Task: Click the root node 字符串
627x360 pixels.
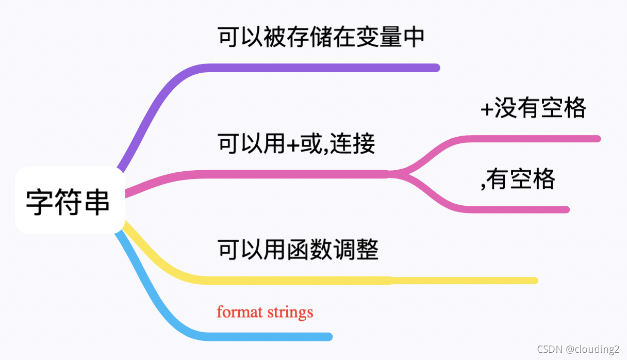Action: click(x=69, y=201)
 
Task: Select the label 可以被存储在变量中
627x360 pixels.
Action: click(x=321, y=38)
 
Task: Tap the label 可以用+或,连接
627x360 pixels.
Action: click(x=296, y=144)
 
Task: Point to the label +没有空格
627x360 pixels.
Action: click(x=533, y=108)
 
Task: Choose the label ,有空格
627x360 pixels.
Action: click(x=518, y=179)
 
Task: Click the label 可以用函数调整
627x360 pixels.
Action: click(x=298, y=250)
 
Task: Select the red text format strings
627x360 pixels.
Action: click(x=265, y=312)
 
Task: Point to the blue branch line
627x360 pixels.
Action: click(x=258, y=337)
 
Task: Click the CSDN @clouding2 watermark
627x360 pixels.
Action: click(x=578, y=349)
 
